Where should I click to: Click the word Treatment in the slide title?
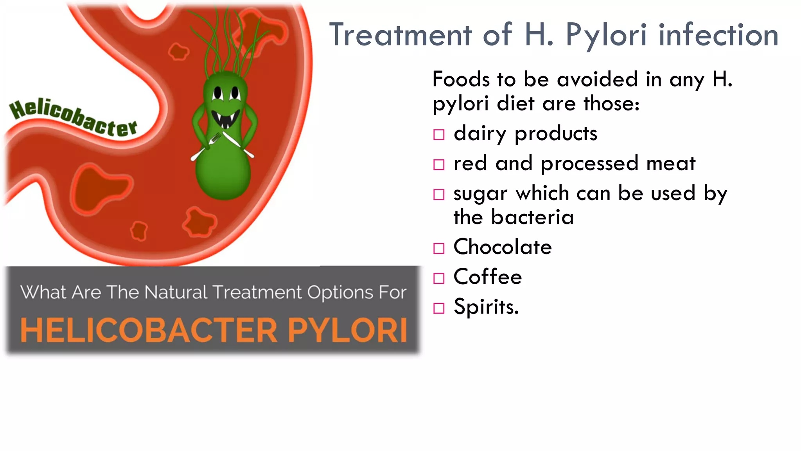(x=400, y=35)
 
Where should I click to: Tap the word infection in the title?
(x=718, y=35)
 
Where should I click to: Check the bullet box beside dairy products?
(x=439, y=135)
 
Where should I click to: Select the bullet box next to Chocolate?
(x=439, y=249)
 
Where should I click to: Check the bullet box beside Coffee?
(x=439, y=278)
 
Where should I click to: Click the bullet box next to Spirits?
(x=439, y=308)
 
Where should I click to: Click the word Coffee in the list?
(x=487, y=277)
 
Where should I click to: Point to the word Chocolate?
(x=502, y=247)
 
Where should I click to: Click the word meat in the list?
(x=670, y=163)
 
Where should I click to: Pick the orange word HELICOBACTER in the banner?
(x=149, y=330)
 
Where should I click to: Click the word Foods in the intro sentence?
(x=460, y=79)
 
